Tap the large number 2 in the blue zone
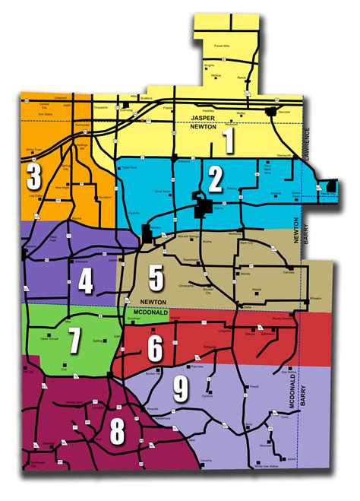tap(216, 179)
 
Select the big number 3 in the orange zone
tap(33, 176)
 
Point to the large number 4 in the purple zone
tap(86, 282)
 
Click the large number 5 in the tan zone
tap(156, 277)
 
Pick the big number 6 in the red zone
tap(154, 349)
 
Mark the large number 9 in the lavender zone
tap(180, 391)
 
